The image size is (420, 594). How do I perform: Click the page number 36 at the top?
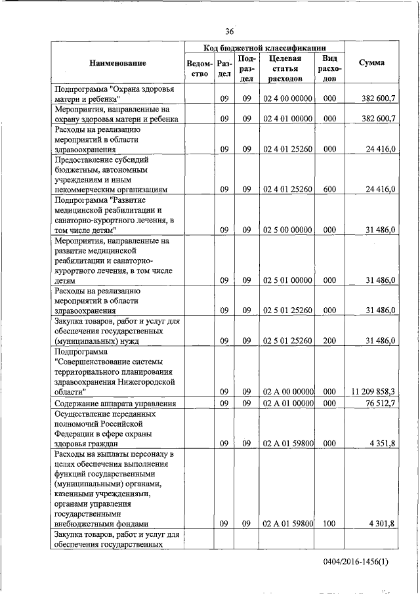229,32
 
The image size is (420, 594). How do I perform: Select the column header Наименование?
118,63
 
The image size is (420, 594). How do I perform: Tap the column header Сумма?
371,63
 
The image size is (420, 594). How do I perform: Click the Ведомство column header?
199,68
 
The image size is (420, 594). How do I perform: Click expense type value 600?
330,189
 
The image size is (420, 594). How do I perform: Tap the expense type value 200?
330,340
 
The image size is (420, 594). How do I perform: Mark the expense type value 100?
330,524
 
